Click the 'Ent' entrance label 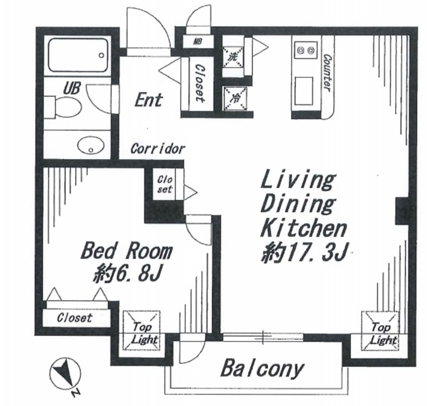(149, 100)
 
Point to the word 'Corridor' (158, 149)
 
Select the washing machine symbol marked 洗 (233, 57)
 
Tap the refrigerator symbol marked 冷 (235, 99)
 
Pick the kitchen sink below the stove (304, 91)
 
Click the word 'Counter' (327, 73)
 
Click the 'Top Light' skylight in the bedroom (141, 330)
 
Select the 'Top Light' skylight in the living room (380, 330)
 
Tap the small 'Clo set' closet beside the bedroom (165, 184)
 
